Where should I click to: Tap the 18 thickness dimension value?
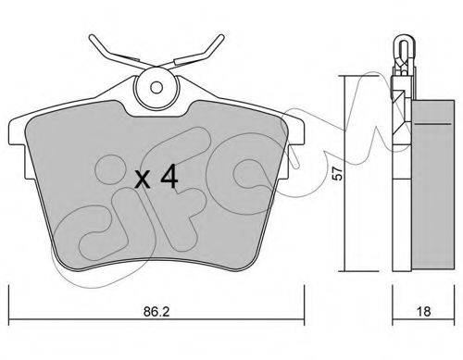click(x=423, y=312)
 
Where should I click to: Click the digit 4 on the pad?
click(x=169, y=176)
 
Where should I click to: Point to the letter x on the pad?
click(x=143, y=180)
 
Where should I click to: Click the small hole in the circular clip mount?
click(x=156, y=88)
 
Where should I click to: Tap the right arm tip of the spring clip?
click(x=221, y=37)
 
